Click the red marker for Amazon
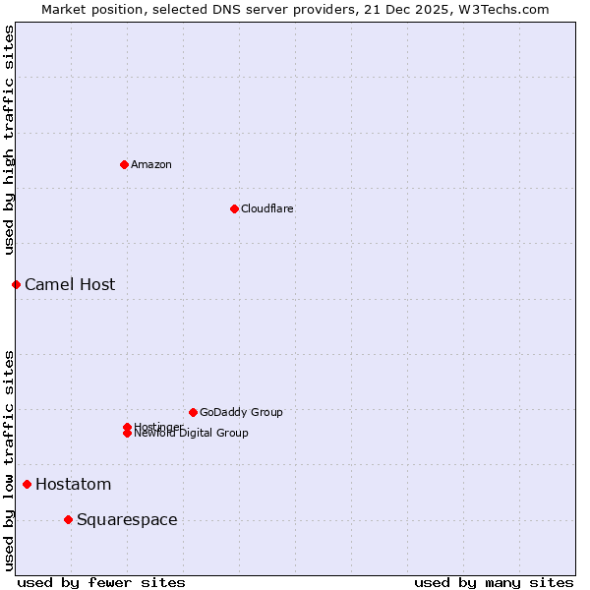pyautogui.click(x=124, y=164)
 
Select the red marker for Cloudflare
pyautogui.click(x=234, y=208)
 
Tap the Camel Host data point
pyautogui.click(x=16, y=284)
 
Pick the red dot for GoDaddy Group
pyautogui.click(x=193, y=412)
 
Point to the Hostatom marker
pyautogui.click(x=27, y=484)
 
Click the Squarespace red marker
pyautogui.click(x=68, y=519)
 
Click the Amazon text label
pyautogui.click(x=150, y=164)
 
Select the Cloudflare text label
pyautogui.click(x=266, y=208)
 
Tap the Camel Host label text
pyautogui.click(x=70, y=284)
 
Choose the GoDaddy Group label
pyautogui.click(x=241, y=412)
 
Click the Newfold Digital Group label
pyautogui.click(x=191, y=434)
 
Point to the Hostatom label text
pyautogui.click(x=73, y=484)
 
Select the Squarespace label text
pyautogui.click(x=127, y=519)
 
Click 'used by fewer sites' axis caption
pyautogui.click(x=101, y=582)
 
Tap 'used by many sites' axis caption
pyautogui.click(x=494, y=582)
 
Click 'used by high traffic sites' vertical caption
pyautogui.click(x=10, y=140)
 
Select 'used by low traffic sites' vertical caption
pyautogui.click(x=10, y=459)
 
